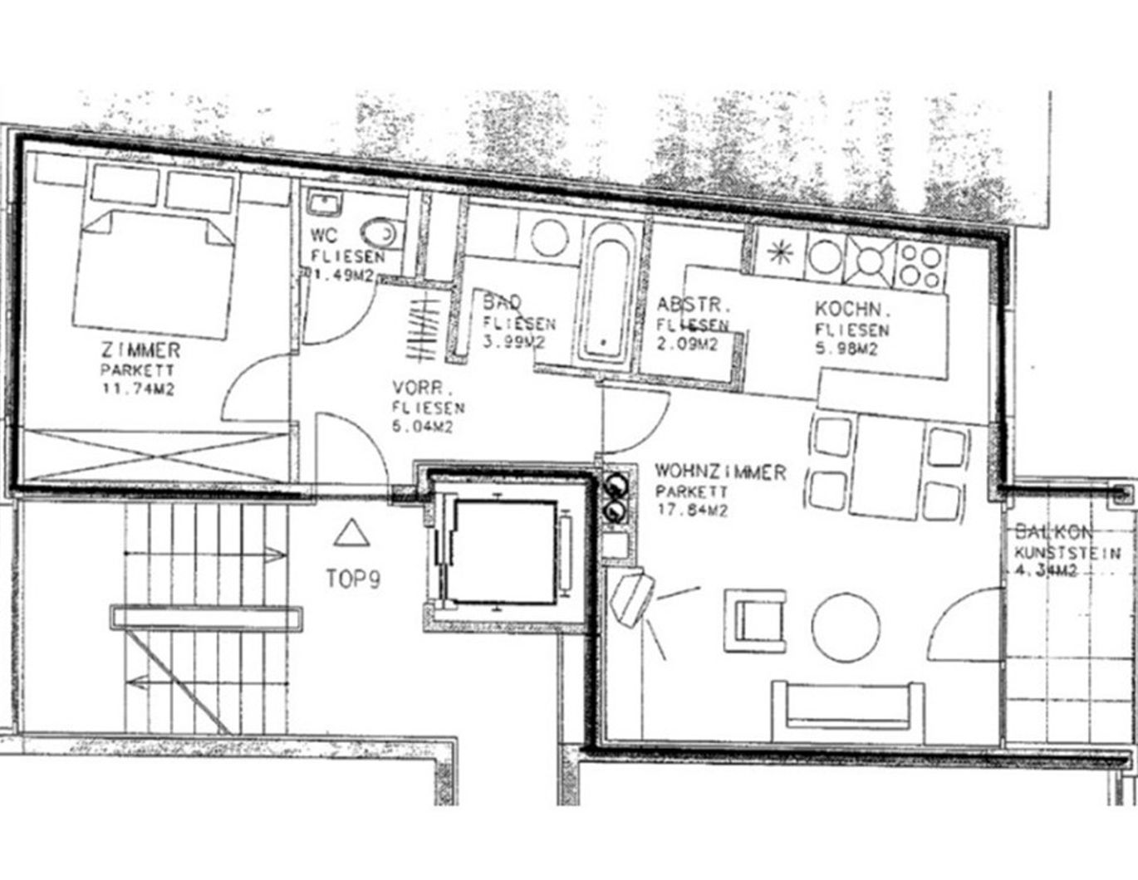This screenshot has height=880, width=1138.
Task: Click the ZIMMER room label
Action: (140, 350)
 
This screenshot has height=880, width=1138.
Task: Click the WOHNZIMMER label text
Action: (719, 472)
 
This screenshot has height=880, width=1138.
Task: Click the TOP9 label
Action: (353, 579)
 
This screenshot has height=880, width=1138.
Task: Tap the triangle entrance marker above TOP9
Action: (352, 533)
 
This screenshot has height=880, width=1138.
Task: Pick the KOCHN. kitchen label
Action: (853, 310)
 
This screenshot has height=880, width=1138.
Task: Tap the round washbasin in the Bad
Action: (549, 237)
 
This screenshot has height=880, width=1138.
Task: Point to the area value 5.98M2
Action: (846, 350)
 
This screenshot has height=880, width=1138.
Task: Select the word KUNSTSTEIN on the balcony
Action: (1067, 552)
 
